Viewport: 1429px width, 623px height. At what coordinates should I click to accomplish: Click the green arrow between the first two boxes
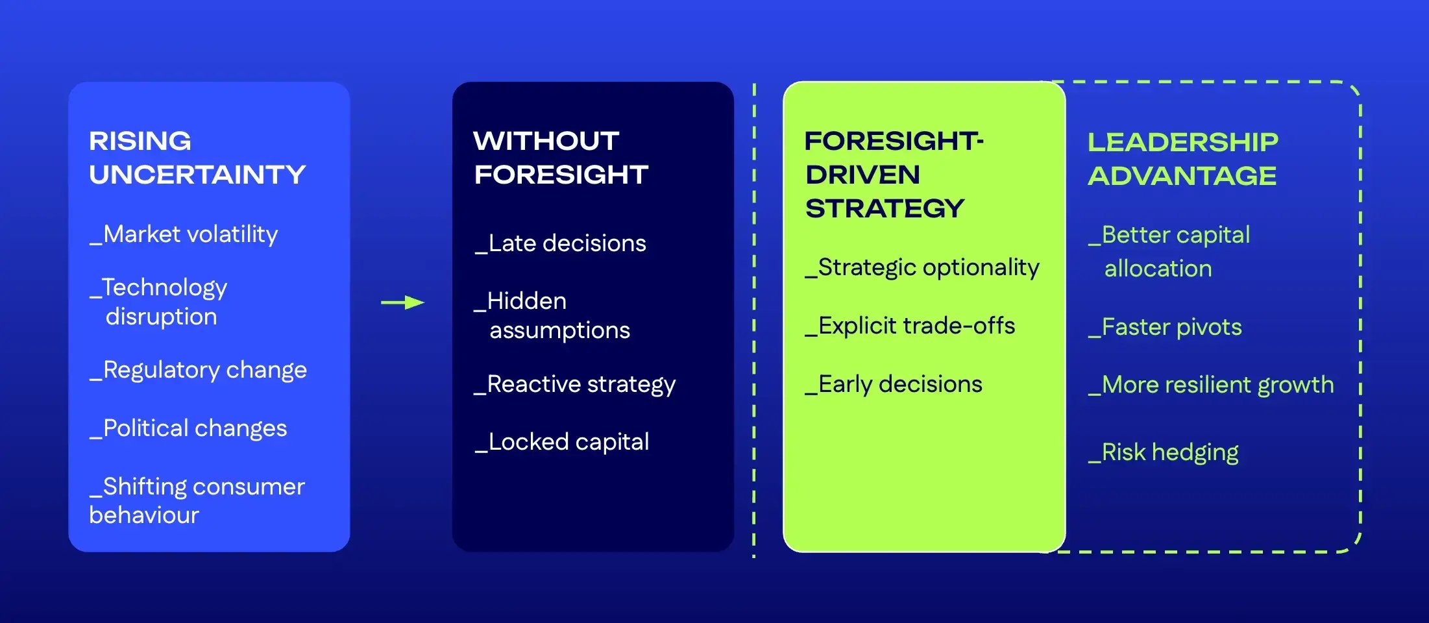click(x=402, y=302)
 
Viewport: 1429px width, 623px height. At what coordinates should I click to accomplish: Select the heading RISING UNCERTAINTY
click(x=197, y=158)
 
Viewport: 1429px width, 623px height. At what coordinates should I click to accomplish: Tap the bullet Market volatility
click(x=184, y=234)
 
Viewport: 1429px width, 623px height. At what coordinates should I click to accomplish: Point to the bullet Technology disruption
click(x=160, y=302)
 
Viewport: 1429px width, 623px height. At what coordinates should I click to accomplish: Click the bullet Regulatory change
click(x=199, y=370)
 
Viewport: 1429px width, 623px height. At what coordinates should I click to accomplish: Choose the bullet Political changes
click(x=189, y=428)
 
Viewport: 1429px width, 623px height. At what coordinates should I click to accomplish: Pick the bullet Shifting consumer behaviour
click(x=197, y=500)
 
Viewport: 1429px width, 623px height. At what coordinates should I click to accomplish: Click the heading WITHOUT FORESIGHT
click(x=561, y=158)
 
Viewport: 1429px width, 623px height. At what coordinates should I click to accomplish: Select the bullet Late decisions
click(x=561, y=243)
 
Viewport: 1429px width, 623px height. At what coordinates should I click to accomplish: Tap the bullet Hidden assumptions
click(x=553, y=315)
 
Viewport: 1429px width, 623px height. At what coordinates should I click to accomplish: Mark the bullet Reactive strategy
click(x=575, y=384)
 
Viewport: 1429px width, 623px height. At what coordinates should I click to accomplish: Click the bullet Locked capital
click(x=562, y=442)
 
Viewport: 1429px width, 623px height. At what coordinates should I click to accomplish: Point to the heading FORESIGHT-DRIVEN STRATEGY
click(x=894, y=175)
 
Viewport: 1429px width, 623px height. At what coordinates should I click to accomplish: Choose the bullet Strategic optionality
click(x=922, y=267)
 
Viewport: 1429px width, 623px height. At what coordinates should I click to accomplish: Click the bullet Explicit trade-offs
click(x=910, y=326)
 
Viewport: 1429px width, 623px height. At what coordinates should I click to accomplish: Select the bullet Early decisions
click(x=894, y=384)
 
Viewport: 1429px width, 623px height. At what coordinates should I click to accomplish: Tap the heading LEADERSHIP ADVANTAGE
click(x=1182, y=159)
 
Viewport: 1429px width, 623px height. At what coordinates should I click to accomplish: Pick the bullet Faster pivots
click(x=1166, y=327)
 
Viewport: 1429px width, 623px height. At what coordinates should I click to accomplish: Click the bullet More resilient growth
click(x=1211, y=385)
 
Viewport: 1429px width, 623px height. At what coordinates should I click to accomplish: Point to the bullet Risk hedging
click(x=1164, y=452)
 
